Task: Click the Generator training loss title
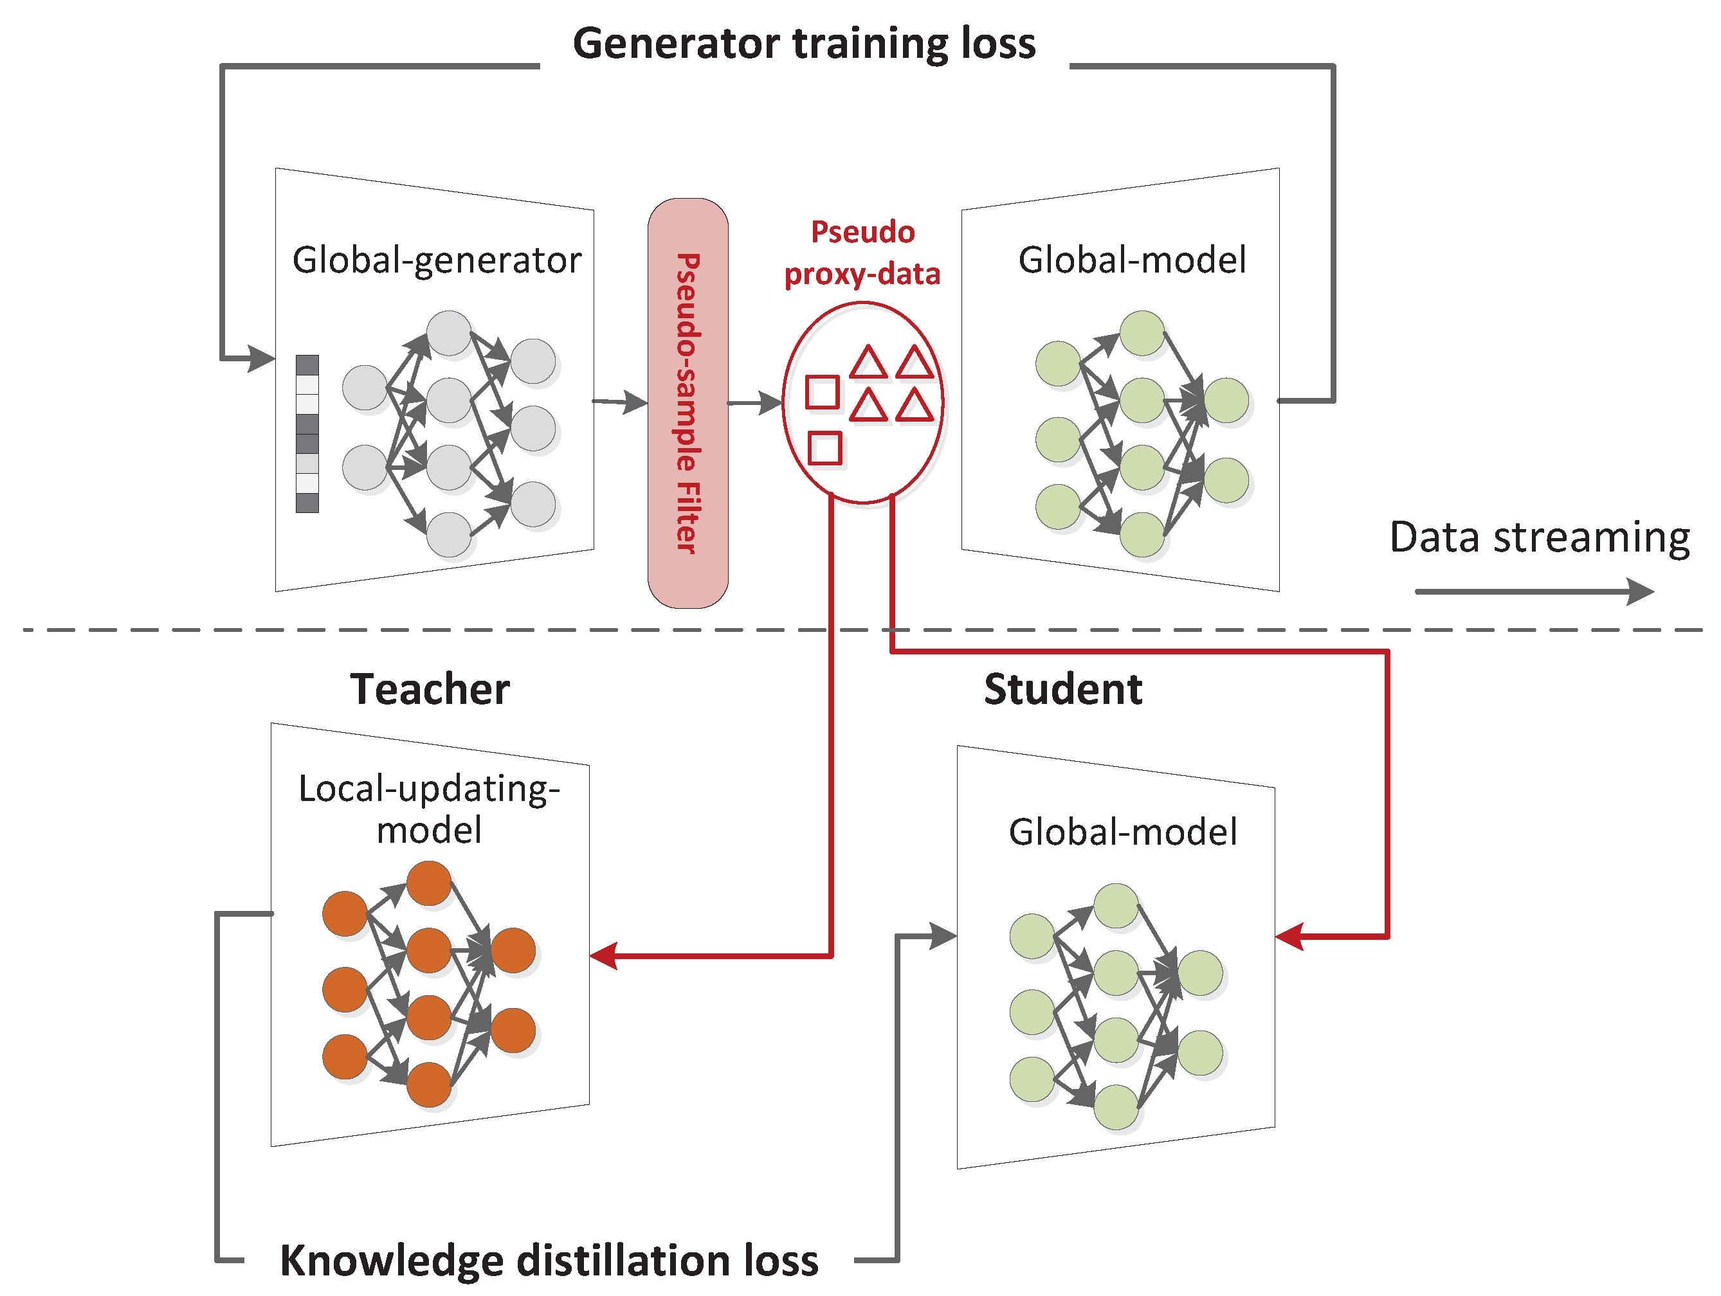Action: click(804, 44)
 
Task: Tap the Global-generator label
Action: click(437, 260)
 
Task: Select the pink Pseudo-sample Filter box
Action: click(687, 403)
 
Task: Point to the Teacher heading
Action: click(430, 689)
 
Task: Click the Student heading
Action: click(1063, 689)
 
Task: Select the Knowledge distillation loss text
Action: click(549, 1260)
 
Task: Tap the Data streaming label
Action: click(1540, 537)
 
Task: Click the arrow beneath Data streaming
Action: click(1533, 591)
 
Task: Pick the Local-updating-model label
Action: click(430, 809)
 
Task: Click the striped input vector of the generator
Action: click(307, 433)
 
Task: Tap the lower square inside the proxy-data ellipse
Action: click(824, 448)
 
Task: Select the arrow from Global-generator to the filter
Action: click(620, 402)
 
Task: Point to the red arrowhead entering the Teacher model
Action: click(604, 955)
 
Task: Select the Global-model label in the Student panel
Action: click(1123, 833)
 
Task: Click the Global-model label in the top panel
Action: click(1132, 260)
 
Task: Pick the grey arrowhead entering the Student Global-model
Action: click(942, 936)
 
